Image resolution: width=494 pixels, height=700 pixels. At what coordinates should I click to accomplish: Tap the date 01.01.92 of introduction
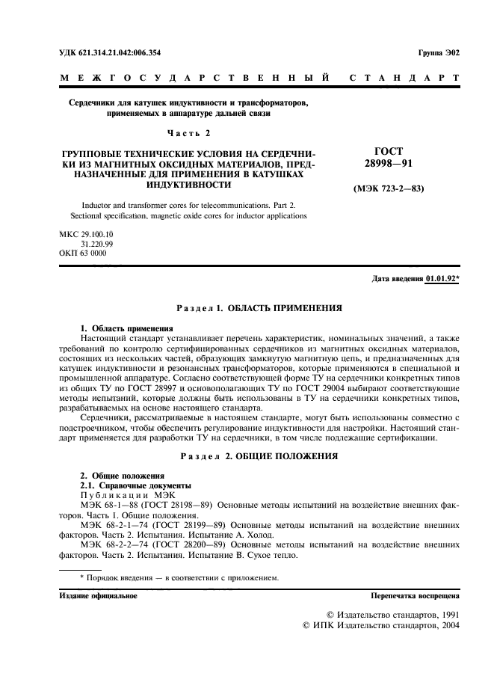pyautogui.click(x=440, y=279)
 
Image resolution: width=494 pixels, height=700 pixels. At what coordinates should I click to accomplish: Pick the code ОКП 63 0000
pyautogui.click(x=82, y=254)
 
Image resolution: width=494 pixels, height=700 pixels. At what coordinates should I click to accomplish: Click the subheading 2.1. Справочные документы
pyautogui.click(x=126, y=485)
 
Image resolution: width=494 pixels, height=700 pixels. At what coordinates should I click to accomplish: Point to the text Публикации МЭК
pyautogui.click(x=126, y=495)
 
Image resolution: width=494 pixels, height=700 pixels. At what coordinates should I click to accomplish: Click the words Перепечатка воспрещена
pyautogui.click(x=415, y=595)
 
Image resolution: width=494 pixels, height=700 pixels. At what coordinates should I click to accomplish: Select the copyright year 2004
pyautogui.click(x=447, y=625)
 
